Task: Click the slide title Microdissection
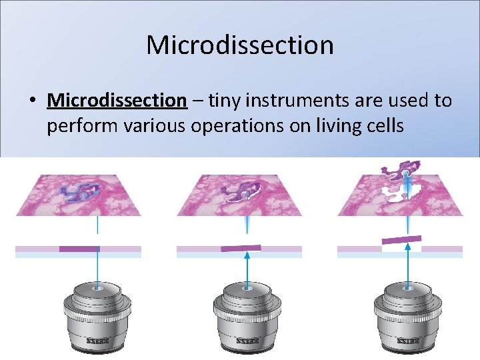240,45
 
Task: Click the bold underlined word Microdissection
117,101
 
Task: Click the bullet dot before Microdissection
32,101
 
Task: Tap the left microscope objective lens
97,313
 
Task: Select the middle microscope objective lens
247,313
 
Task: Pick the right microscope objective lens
407,313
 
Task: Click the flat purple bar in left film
79,249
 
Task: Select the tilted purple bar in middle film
241,248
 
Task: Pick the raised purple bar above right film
401,239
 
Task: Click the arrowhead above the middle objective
247,255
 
